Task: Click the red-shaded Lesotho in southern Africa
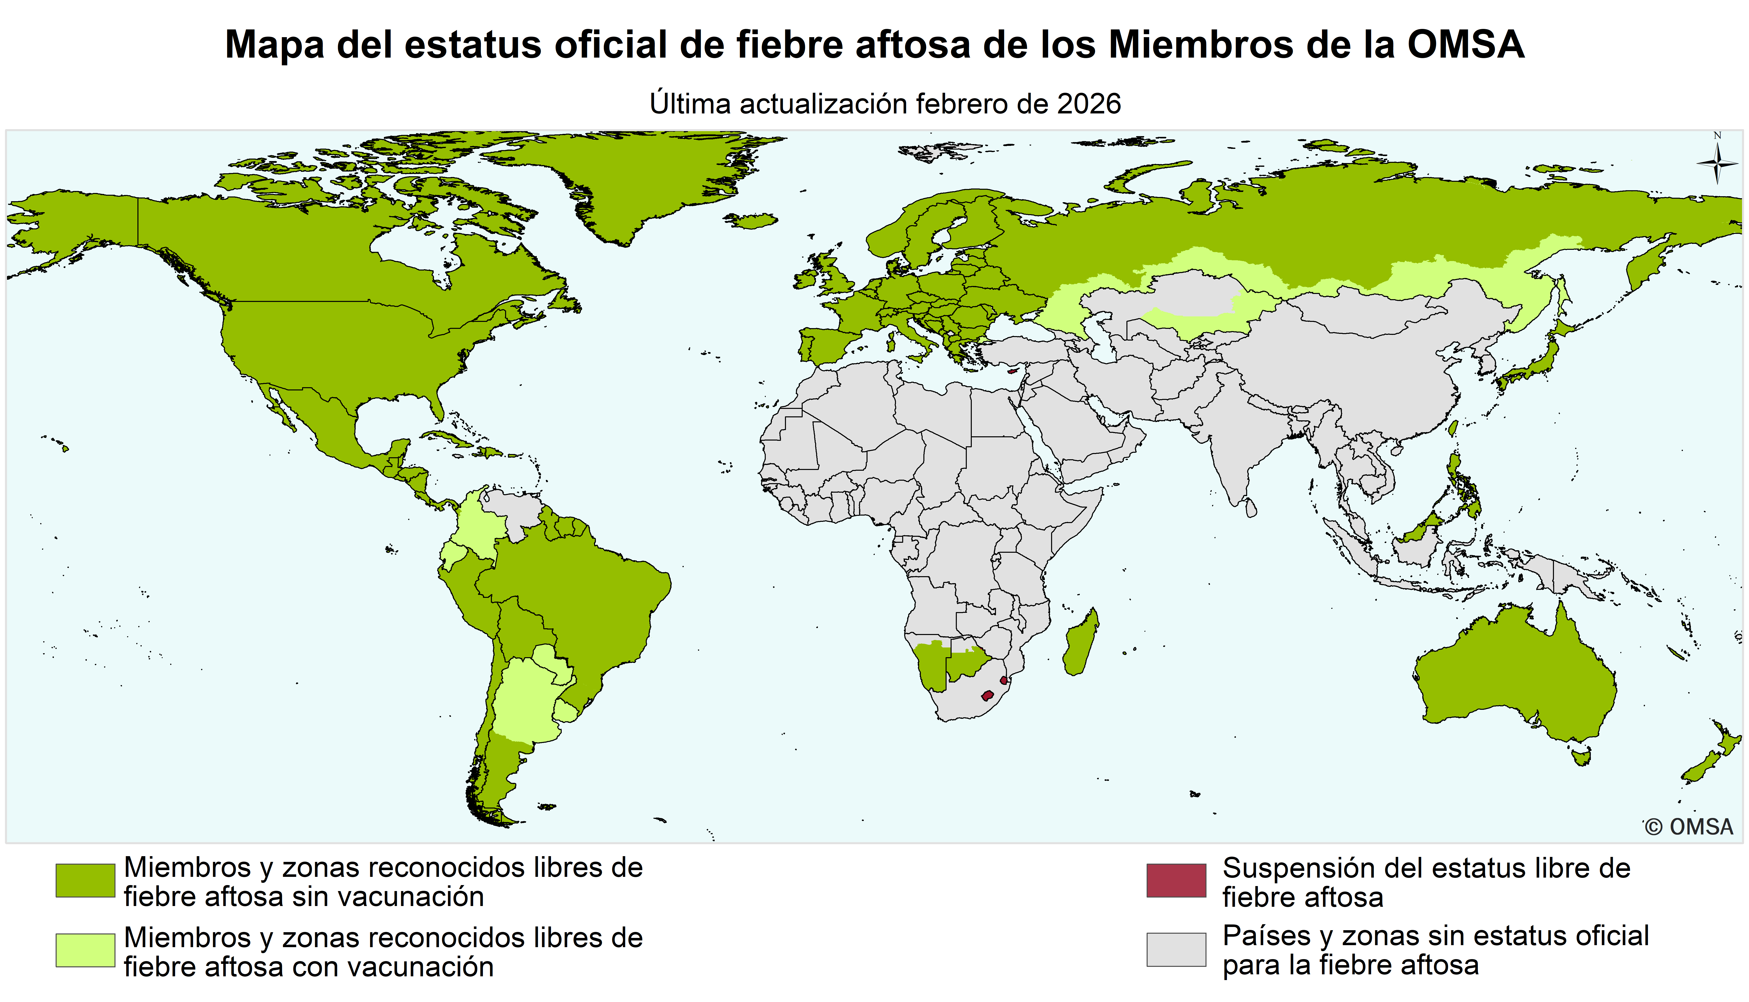pos(988,695)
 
